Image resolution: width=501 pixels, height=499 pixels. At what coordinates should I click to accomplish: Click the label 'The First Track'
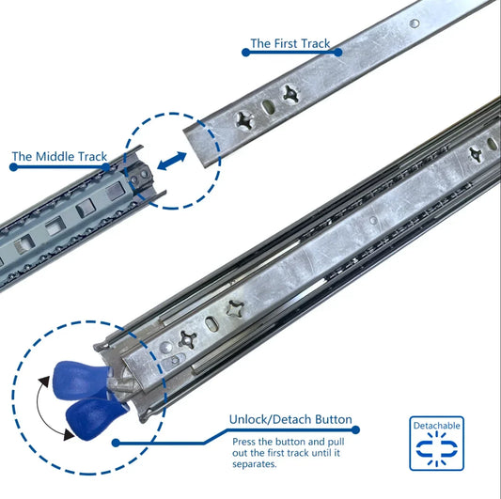pos(290,43)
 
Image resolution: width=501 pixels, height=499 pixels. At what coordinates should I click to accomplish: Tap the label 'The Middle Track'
pos(59,157)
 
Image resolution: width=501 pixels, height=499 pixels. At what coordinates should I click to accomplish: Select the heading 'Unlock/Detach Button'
pos(290,419)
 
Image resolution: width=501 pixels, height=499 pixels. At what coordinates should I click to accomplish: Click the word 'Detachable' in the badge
pos(436,426)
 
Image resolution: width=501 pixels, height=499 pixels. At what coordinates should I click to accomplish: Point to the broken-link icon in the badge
pos(436,448)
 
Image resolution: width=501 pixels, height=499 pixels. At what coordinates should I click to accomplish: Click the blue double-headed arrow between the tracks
pos(172,161)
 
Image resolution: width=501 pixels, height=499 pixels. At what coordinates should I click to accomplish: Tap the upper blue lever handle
pos(80,380)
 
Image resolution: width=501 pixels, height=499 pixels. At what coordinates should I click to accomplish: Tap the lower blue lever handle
pos(95,418)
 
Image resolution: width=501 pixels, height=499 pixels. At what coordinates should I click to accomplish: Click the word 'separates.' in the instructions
pos(255,464)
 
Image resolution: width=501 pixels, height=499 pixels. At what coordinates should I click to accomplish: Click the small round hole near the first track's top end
pos(415,23)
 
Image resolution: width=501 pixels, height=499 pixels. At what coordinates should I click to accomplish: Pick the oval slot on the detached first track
pos(268,107)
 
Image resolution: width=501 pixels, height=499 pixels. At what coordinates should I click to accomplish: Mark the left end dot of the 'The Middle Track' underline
pos(14,166)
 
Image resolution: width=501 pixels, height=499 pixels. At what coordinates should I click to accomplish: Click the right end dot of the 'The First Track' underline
pos(338,52)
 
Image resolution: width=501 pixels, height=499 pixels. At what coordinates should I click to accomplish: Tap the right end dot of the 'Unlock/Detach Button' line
pos(355,429)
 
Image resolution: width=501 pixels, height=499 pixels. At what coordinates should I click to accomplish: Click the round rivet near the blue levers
pos(165,348)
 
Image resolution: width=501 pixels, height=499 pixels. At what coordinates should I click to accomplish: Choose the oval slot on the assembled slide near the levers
pos(211,324)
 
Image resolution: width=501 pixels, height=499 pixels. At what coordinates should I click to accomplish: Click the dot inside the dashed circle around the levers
pos(116,443)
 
